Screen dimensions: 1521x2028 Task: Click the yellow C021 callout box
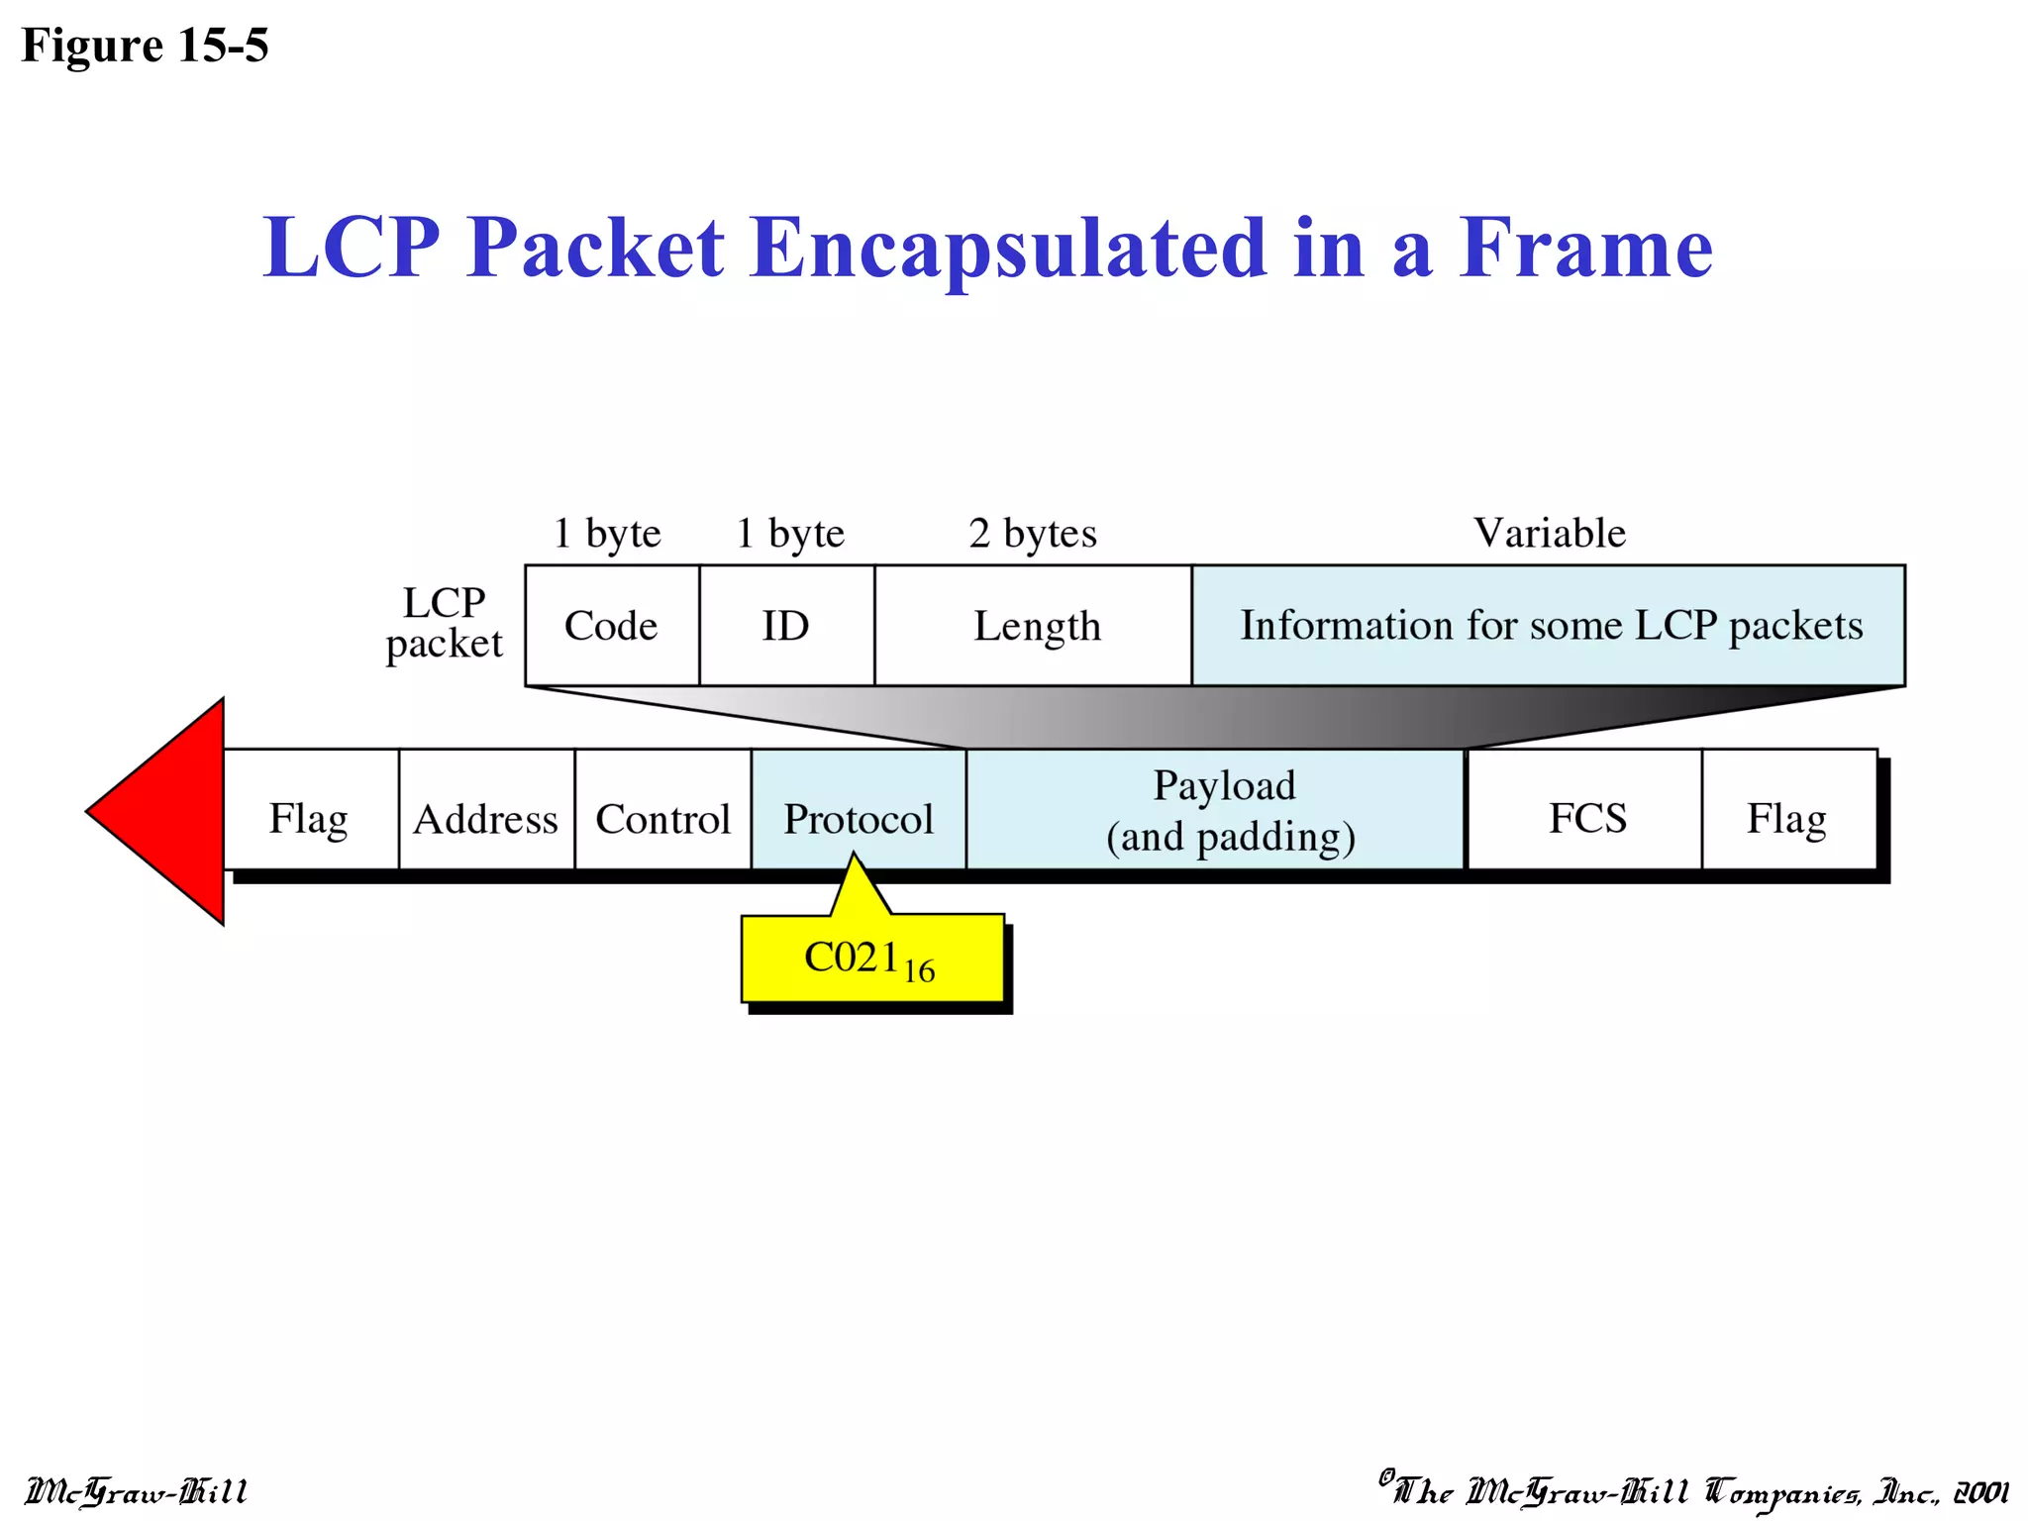click(871, 959)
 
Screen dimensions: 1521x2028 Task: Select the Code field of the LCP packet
click(611, 626)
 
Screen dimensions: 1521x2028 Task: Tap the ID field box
click(786, 626)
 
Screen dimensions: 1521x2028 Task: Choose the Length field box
click(1036, 626)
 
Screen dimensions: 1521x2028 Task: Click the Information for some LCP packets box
click(1550, 626)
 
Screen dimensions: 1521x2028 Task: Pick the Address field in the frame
click(486, 818)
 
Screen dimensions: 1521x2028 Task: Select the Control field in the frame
click(662, 818)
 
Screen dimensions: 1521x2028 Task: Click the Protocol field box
click(858, 818)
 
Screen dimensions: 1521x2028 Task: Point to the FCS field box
click(1586, 818)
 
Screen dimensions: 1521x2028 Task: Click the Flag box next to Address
click(310, 818)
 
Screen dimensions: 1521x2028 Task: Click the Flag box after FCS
click(1787, 818)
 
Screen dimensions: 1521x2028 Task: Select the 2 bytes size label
click(1033, 533)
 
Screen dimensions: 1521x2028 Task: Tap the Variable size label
click(1550, 533)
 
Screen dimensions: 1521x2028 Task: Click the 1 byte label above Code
click(606, 533)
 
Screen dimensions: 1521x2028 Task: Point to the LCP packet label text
click(444, 622)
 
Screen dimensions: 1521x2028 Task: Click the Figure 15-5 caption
click(145, 46)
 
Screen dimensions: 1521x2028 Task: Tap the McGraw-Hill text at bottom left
click(136, 1491)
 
